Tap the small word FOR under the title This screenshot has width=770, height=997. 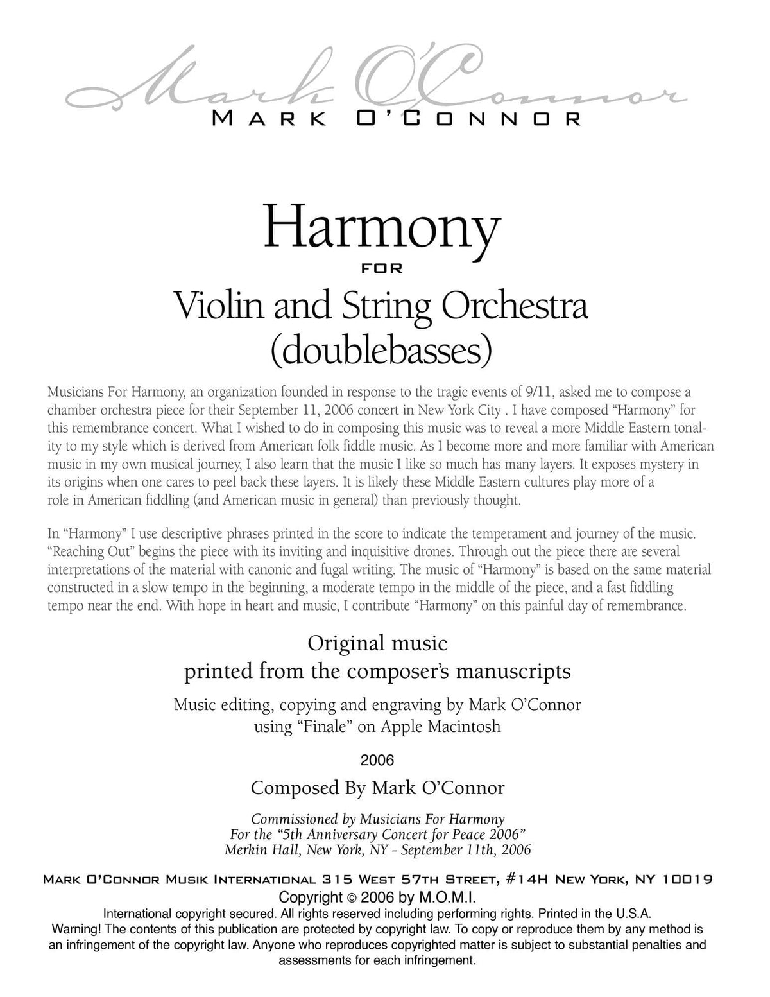(382, 269)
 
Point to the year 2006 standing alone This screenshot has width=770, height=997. (377, 761)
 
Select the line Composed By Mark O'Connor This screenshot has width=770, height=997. (377, 788)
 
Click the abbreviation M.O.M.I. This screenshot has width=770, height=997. (448, 897)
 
